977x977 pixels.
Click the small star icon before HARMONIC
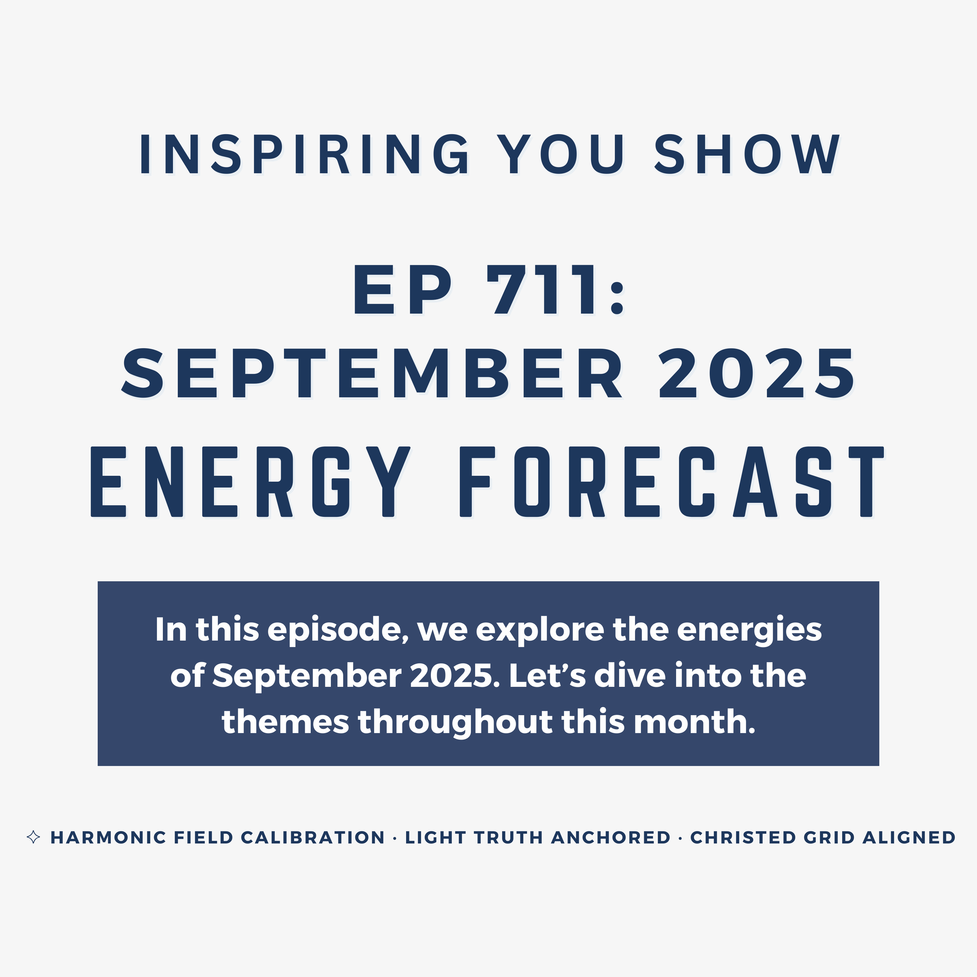pyautogui.click(x=33, y=837)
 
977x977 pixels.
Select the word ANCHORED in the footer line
pyautogui.click(x=610, y=837)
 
